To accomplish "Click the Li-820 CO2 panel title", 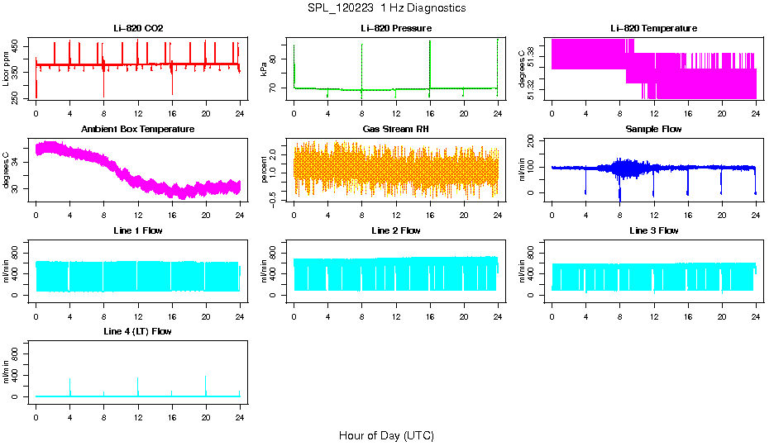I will coord(138,28).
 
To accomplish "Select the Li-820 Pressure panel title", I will coord(395,28).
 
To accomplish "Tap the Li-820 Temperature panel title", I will coord(653,28).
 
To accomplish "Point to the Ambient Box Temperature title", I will coord(138,130).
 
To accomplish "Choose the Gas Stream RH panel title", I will coord(395,130).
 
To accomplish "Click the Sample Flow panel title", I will coord(653,130).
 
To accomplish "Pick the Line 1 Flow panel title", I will coord(138,230).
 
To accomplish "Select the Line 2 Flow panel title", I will coord(395,230).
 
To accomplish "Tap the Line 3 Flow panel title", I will coord(653,230).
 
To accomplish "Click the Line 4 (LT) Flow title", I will coord(138,331).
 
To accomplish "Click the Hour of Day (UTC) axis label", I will coord(386,435).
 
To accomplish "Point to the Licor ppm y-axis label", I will coord(7,69).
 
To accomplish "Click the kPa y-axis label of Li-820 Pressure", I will coord(264,69).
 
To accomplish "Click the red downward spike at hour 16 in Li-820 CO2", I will coord(172,87).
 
